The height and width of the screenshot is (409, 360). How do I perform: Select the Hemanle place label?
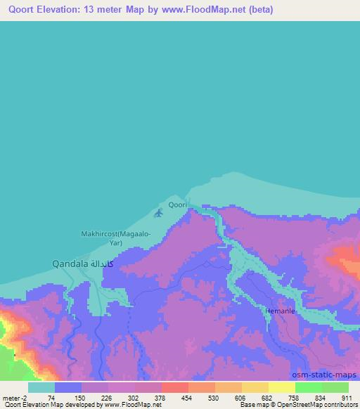[x=277, y=310]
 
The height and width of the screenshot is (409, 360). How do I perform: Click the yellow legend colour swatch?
[x=255, y=387]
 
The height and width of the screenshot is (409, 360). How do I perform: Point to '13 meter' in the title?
[x=105, y=10]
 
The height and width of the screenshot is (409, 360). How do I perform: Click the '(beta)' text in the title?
[x=257, y=10]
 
